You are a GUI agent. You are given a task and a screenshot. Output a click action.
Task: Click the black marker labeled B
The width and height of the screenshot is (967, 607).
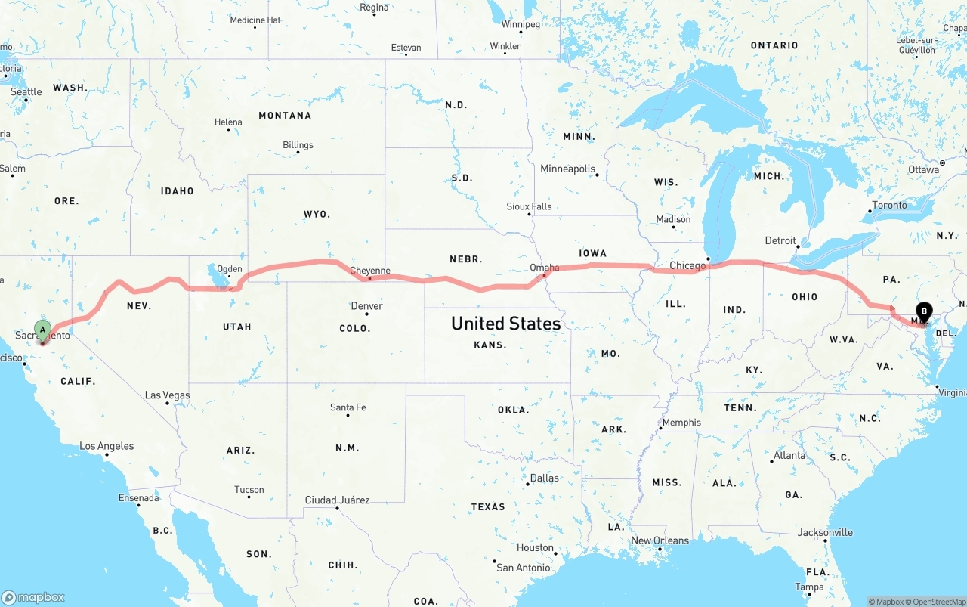(924, 311)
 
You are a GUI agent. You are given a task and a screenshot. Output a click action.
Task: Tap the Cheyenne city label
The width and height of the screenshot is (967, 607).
(370, 271)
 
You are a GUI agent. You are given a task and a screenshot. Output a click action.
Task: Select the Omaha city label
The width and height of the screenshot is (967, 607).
(545, 268)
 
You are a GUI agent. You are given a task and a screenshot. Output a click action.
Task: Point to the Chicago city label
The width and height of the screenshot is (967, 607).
(687, 265)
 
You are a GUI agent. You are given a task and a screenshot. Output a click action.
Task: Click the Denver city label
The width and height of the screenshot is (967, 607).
(366, 306)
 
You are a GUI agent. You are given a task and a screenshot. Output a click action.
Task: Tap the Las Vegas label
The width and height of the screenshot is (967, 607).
(168, 395)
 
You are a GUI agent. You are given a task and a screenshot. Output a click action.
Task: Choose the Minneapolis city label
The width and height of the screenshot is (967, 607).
(568, 169)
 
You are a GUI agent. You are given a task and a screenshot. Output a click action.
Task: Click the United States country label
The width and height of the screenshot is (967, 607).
(505, 324)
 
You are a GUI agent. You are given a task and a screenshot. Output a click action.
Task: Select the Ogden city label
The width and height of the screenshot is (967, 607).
(230, 269)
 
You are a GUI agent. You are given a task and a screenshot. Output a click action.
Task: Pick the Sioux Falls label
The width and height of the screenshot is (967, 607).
(529, 206)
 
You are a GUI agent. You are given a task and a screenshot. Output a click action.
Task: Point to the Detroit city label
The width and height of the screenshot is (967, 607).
(780, 240)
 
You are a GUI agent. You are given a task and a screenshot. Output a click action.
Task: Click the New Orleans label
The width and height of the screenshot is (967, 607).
(660, 540)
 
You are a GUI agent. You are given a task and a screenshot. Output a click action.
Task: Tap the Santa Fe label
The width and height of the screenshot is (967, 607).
(348, 407)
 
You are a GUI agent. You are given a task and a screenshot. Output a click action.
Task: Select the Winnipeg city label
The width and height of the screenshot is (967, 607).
(521, 24)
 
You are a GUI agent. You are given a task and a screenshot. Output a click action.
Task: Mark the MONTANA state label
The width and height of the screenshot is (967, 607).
(285, 116)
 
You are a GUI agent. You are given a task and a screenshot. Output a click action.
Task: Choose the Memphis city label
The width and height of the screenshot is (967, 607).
(681, 423)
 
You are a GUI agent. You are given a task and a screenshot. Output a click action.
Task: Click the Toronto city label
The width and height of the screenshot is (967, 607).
(889, 205)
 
